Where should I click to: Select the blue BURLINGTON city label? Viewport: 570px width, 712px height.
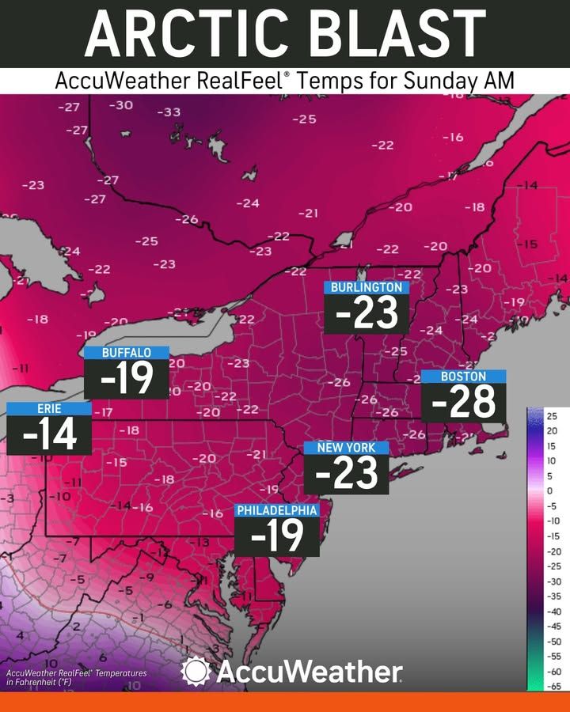click(367, 287)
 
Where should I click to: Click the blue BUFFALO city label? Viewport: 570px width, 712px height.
click(126, 352)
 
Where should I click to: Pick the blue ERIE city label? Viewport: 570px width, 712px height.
click(49, 408)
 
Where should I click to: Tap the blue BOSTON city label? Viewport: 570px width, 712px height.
click(463, 377)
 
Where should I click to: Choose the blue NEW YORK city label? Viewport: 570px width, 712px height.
click(346, 448)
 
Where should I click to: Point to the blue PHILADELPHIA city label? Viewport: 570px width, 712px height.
click(277, 510)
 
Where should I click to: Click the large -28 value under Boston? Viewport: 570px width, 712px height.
click(463, 403)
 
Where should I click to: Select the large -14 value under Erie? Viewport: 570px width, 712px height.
click(49, 436)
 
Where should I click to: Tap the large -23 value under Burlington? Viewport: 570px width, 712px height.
click(367, 314)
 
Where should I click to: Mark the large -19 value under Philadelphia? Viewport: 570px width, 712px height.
click(277, 537)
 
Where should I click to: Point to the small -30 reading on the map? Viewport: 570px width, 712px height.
click(120, 105)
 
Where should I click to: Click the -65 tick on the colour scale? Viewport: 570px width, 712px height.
click(553, 686)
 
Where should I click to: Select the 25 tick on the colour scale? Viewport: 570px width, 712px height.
click(553, 415)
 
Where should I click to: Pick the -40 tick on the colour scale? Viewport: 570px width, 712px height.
click(553, 611)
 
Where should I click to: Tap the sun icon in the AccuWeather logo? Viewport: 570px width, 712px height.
click(195, 672)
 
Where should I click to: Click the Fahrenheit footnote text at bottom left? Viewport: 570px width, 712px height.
click(76, 676)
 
